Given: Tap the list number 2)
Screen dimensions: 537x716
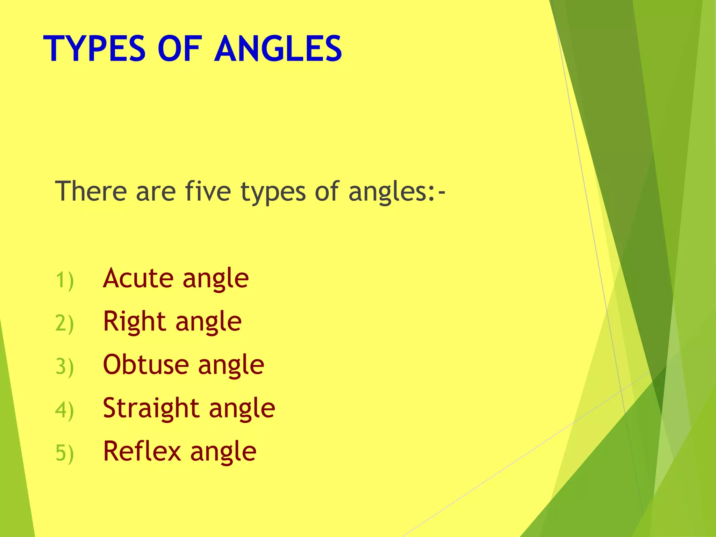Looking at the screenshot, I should pos(65,323).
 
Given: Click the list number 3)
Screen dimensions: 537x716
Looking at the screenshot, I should pos(65,367).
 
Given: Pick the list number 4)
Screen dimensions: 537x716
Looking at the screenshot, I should pos(65,410).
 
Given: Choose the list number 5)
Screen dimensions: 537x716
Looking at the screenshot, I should pos(65,453).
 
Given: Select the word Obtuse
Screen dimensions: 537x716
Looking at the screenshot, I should pos(146,365).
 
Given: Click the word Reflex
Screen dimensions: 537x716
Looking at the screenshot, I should pos(142,451).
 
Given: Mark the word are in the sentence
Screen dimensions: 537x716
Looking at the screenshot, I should pos(156,192).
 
